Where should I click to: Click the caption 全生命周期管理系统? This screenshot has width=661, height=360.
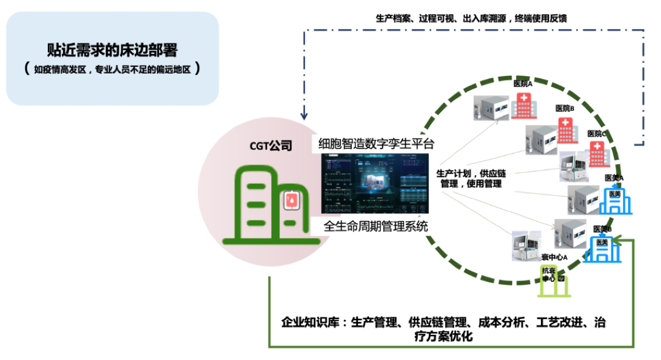pyautogui.click(x=376, y=226)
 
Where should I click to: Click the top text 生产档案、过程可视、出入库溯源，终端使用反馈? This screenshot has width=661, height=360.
pyautogui.click(x=471, y=18)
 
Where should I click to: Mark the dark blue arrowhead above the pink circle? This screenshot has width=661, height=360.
pyautogui.click(x=304, y=115)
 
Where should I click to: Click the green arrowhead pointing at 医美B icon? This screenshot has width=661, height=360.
pyautogui.click(x=617, y=244)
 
